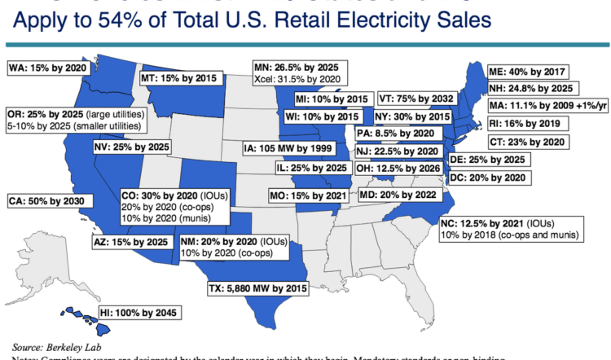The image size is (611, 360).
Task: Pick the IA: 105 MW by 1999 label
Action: point(287,148)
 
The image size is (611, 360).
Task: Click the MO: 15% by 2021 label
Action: point(309,196)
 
